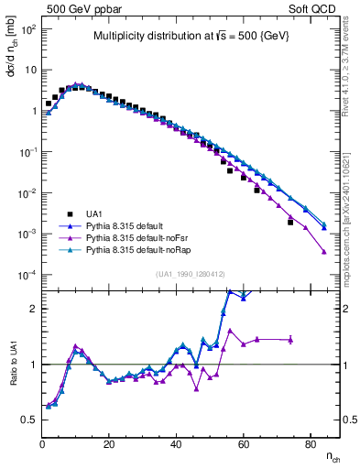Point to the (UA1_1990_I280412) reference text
click(x=190, y=274)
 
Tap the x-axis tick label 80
click(x=311, y=445)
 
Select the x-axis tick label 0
click(x=43, y=445)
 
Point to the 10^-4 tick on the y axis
click(x=27, y=276)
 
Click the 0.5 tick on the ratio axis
click(x=29, y=420)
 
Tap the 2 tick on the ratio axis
click(x=33, y=309)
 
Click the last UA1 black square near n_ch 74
click(x=290, y=222)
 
